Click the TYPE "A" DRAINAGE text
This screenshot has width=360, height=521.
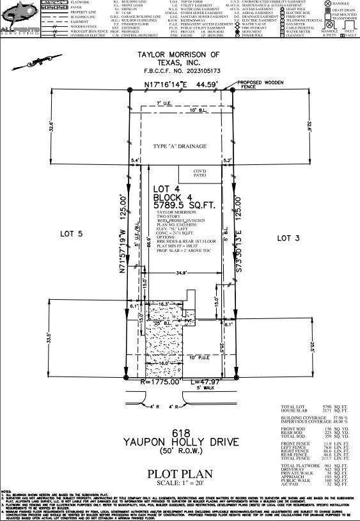pos(179,147)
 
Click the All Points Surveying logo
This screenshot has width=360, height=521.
pos(20,19)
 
